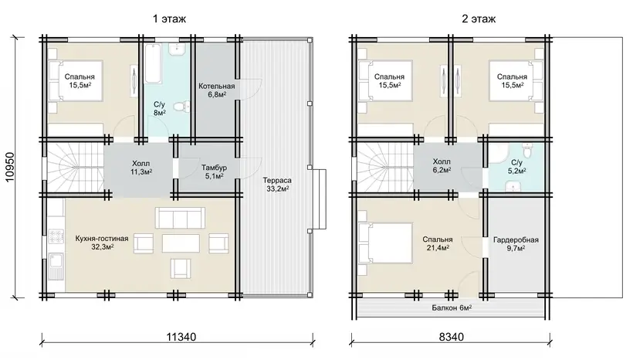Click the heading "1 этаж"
[169, 19]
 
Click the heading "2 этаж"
[479, 19]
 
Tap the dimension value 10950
[9, 167]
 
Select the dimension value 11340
[181, 337]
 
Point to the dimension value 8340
[452, 337]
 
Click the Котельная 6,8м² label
[216, 90]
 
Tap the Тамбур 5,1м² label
[214, 172]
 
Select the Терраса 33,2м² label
[277, 184]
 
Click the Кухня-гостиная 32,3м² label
[102, 243]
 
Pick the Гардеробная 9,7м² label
[516, 243]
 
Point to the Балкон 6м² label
[452, 308]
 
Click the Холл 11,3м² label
[141, 168]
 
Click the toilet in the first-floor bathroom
[180, 106]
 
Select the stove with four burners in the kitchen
[56, 236]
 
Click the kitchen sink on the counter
[56, 265]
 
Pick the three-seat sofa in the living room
[180, 218]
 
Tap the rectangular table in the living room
[181, 243]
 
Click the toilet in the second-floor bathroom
[526, 151]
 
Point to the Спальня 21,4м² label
[438, 243]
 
